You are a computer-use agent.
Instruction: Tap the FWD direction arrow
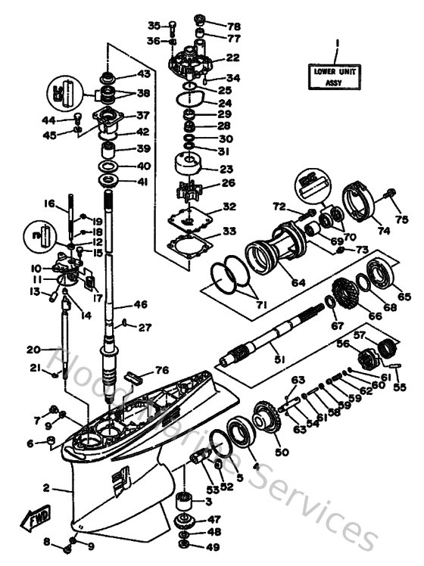(x=36, y=521)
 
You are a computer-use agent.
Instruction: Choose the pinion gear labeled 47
(x=185, y=521)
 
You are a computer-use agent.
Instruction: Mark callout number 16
(x=49, y=204)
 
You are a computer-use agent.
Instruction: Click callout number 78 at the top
(x=213, y=25)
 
